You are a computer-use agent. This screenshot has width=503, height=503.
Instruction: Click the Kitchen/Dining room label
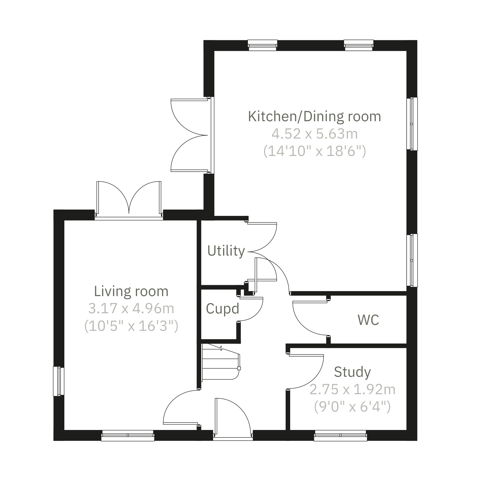click(314, 116)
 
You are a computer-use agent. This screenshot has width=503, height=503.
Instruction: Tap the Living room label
click(131, 291)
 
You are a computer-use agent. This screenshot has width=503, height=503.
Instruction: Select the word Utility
click(226, 251)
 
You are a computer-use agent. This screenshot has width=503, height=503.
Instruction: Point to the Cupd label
click(222, 309)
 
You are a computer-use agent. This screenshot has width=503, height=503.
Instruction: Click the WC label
click(368, 320)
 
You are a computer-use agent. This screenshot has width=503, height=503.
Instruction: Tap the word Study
click(352, 372)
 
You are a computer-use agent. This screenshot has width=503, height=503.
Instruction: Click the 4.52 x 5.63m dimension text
click(314, 134)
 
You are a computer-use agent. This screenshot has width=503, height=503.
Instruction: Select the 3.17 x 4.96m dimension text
click(131, 309)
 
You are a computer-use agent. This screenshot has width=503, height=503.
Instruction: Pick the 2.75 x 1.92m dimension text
click(352, 389)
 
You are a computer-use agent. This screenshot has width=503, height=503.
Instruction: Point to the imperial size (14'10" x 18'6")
click(314, 151)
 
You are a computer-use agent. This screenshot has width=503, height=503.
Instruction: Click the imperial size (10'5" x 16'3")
click(131, 326)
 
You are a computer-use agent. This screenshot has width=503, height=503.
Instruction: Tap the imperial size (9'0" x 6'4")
click(352, 407)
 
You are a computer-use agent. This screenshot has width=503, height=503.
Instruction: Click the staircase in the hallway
click(221, 362)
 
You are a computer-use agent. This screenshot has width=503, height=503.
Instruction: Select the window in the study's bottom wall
click(341, 436)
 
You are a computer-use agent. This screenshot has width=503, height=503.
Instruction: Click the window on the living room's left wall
click(59, 382)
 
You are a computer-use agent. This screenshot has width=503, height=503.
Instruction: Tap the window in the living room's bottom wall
click(128, 436)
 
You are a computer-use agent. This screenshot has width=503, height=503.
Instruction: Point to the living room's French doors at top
click(129, 201)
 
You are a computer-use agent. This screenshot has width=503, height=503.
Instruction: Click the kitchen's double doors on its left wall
click(193, 135)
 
